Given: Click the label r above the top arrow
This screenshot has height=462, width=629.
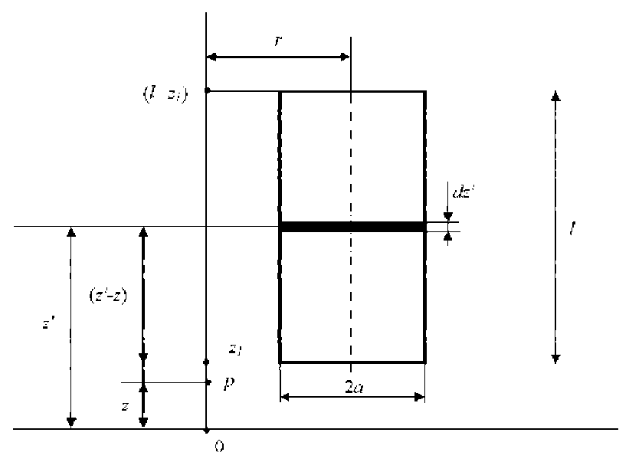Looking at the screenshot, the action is (x=280, y=41).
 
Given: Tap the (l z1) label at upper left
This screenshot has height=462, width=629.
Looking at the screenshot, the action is (x=165, y=93).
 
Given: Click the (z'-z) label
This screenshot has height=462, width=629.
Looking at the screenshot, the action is (x=107, y=293).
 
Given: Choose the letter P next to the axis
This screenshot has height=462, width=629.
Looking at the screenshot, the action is (x=228, y=382).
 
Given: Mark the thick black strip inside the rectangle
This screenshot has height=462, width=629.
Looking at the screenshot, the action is (x=352, y=227).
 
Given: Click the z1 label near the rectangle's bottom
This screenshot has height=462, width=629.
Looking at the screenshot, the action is (x=235, y=349).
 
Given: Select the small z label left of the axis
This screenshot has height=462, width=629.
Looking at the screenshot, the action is (x=126, y=406).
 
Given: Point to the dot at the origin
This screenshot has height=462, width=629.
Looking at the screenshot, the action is (x=207, y=430).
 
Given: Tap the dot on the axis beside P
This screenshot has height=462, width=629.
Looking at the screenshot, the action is (x=207, y=382).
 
